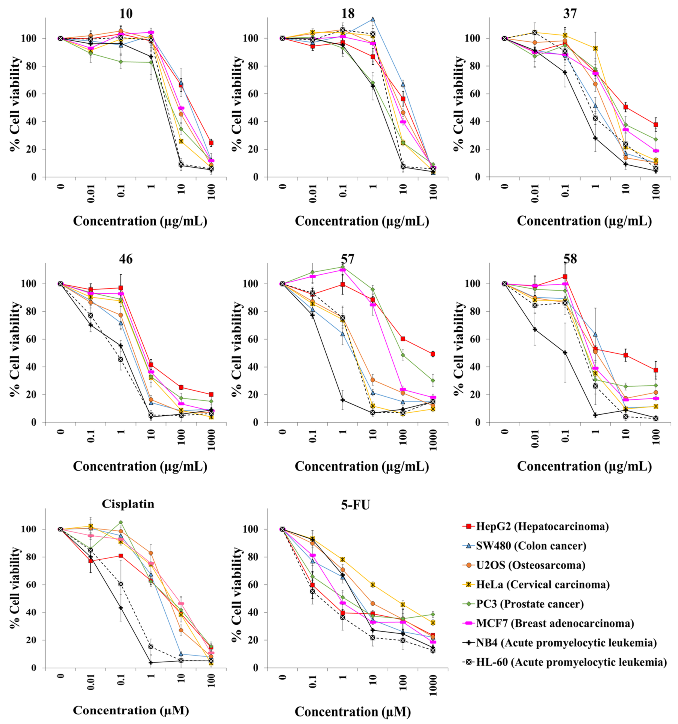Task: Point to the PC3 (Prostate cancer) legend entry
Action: tap(530, 604)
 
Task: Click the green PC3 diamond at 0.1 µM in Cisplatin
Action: tap(121, 522)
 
